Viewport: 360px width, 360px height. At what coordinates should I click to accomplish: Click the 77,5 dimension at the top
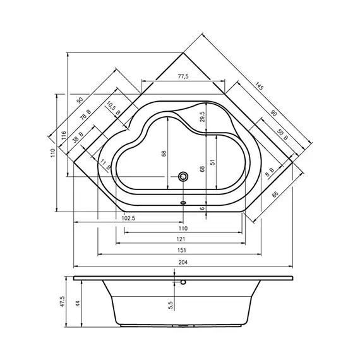(183, 76)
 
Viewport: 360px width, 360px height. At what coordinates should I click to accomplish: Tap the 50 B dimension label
(282, 135)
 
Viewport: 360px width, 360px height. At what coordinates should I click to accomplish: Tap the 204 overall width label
(183, 262)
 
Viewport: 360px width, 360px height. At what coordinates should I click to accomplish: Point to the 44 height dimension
(78, 303)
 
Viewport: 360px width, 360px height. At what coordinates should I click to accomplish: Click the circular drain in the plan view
(183, 177)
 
